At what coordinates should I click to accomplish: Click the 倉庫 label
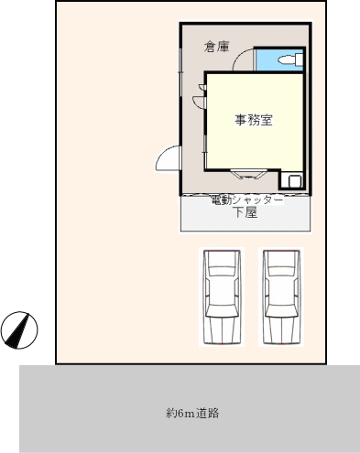point(216,47)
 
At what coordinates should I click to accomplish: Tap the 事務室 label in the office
point(254,120)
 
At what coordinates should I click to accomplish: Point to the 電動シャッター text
point(247,200)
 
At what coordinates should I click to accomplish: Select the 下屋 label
point(245,212)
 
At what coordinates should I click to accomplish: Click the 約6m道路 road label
point(192,413)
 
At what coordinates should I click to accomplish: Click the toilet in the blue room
point(290,59)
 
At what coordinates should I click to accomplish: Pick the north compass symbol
point(19,330)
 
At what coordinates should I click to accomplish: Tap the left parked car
point(222,297)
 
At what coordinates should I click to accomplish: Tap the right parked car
point(281,297)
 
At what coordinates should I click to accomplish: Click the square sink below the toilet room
point(295,181)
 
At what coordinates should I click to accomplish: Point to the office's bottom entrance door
point(249,174)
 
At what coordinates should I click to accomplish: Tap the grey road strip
point(190,409)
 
